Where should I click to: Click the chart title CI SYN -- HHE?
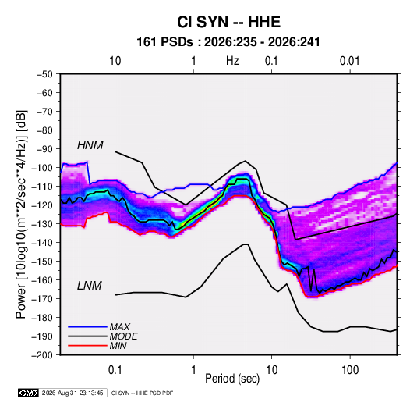point(228,22)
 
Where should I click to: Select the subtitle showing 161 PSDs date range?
point(228,42)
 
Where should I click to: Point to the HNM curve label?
point(90,145)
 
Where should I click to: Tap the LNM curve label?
point(90,286)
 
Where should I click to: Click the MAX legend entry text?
point(120,327)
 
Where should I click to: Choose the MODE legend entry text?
point(124,336)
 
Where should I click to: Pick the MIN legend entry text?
point(118,346)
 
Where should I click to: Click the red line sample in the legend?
point(87,346)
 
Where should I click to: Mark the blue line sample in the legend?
point(87,326)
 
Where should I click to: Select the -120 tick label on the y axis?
point(42,205)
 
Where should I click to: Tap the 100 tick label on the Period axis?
point(350,370)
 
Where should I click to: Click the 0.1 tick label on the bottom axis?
point(115,370)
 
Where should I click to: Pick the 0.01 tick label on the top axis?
point(349,61)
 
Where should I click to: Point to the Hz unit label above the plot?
point(232,61)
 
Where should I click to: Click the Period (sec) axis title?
point(232,379)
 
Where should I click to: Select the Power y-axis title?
point(21,214)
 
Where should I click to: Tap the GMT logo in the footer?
point(29,393)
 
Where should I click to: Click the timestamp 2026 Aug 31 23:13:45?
point(72,393)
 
